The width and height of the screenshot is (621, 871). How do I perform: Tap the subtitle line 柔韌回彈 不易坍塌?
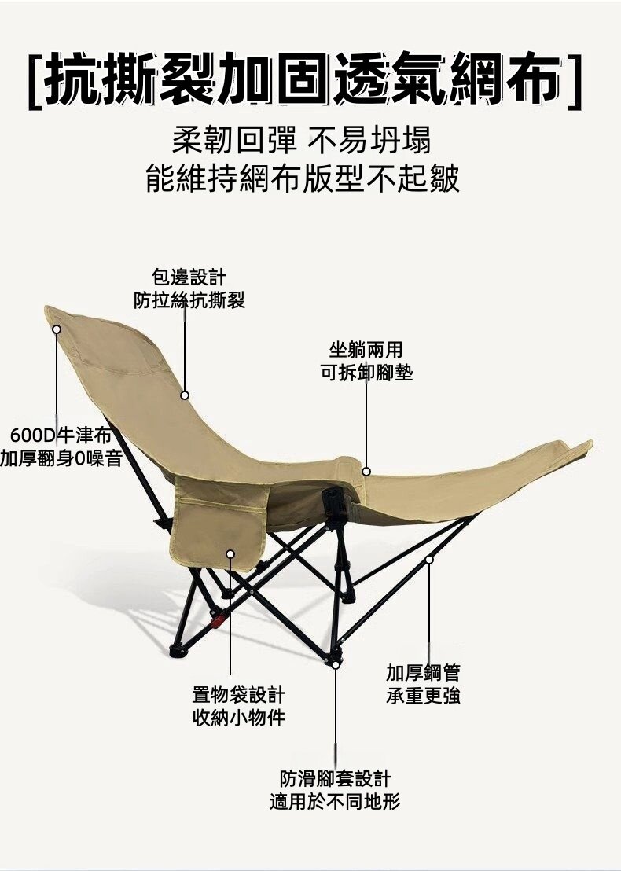click(x=302, y=140)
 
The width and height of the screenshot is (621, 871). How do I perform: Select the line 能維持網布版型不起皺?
click(x=303, y=178)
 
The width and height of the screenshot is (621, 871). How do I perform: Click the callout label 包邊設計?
click(x=189, y=277)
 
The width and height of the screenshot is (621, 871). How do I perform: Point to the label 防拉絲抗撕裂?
click(x=189, y=300)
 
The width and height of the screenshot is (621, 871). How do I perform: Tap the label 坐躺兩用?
click(x=366, y=349)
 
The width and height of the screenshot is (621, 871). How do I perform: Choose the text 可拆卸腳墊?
click(x=366, y=372)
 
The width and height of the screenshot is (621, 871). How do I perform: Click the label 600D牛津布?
click(x=61, y=435)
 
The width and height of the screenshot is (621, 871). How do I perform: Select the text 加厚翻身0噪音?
click(x=61, y=458)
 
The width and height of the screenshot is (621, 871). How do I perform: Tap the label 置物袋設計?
click(x=239, y=694)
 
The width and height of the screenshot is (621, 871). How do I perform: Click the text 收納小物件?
click(x=239, y=718)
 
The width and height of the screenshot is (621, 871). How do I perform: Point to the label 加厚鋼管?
click(x=423, y=672)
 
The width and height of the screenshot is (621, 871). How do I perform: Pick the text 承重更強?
click(x=423, y=696)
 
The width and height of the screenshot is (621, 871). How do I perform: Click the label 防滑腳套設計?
click(x=335, y=779)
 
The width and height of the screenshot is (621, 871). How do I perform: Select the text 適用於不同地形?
click(x=335, y=802)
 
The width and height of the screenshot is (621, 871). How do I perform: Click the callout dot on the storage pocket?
click(x=230, y=554)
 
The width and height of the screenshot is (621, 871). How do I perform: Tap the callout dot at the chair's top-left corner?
click(x=56, y=329)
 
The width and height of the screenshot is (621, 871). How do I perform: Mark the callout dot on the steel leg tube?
click(x=429, y=560)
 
